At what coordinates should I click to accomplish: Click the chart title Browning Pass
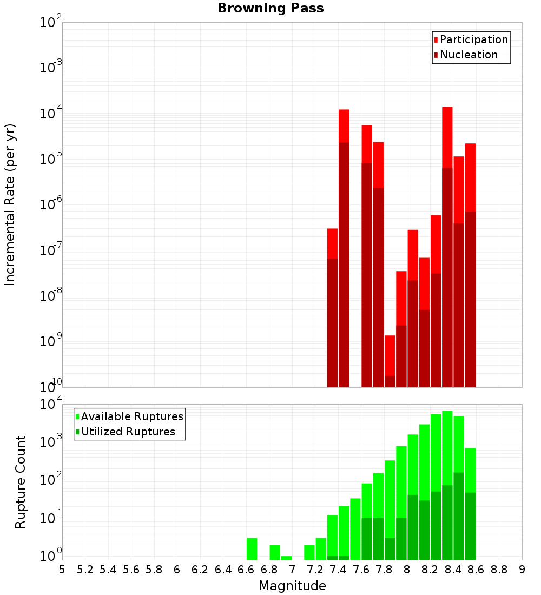[270, 8]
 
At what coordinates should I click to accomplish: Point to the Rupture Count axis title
[21, 482]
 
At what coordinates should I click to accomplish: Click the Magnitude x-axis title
[292, 586]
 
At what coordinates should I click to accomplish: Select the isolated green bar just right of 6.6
[252, 548]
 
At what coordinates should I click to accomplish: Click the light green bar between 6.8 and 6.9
[275, 552]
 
